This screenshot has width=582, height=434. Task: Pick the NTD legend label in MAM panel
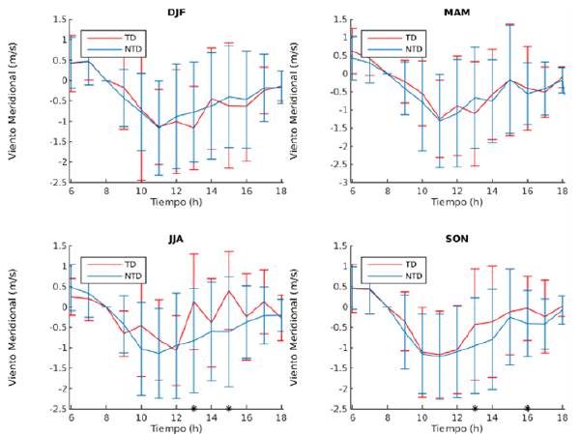(412, 48)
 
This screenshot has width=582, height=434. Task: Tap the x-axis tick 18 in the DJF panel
(280, 191)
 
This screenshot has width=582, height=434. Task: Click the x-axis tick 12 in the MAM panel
(455, 191)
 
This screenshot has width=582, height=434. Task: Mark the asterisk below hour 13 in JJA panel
(193, 409)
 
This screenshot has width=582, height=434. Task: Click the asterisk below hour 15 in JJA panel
(228, 409)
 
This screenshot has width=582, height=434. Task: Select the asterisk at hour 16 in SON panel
(527, 409)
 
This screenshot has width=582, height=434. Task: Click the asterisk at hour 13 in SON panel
(474, 409)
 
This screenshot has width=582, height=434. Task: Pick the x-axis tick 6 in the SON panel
(351, 418)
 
